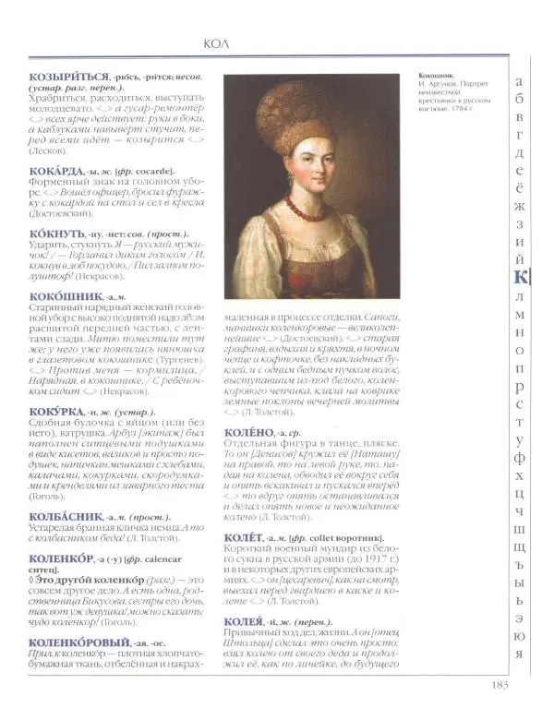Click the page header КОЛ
point(214,43)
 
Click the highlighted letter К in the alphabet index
point(520,278)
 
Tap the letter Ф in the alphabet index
point(521,456)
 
